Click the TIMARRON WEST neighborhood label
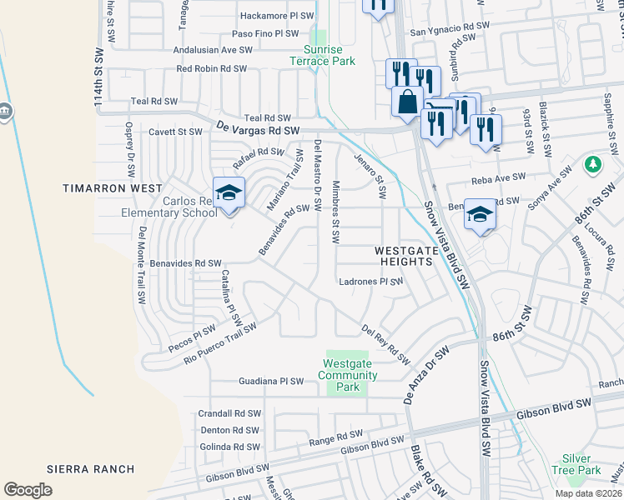click(113, 189)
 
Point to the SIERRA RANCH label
click(85, 469)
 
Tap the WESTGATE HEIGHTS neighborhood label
click(403, 255)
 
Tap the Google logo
click(28, 489)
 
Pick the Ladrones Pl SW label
click(370, 282)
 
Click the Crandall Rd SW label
click(229, 413)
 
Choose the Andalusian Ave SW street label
click(212, 50)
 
